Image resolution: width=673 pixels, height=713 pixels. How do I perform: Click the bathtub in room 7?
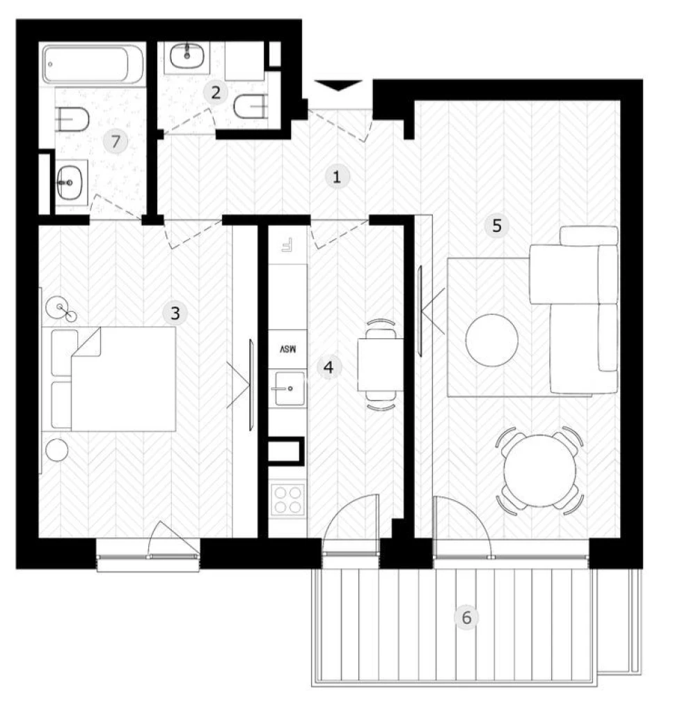[x=93, y=63]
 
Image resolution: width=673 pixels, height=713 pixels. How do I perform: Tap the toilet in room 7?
[x=72, y=120]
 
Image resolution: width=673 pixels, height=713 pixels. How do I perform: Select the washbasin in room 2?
[x=187, y=56]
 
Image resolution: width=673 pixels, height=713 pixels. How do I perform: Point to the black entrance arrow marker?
[x=338, y=85]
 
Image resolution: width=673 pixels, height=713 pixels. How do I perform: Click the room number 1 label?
[x=337, y=176]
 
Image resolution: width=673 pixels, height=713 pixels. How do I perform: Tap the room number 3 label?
[x=175, y=313]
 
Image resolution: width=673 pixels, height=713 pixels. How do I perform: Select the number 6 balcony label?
[x=467, y=618]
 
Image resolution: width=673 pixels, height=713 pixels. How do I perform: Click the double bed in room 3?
[x=113, y=379]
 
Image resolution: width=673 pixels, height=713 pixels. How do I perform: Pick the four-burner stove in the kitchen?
[x=287, y=500]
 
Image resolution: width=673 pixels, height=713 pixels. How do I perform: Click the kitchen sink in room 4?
[x=289, y=388]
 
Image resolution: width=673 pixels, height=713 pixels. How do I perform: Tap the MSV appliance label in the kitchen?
[x=287, y=350]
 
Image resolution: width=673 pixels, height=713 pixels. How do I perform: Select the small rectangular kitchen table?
[x=381, y=365]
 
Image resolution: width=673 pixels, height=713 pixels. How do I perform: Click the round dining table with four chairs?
[x=540, y=471]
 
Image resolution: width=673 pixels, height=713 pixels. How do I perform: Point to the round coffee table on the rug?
[x=491, y=340]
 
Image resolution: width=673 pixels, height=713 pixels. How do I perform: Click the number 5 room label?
[x=497, y=225]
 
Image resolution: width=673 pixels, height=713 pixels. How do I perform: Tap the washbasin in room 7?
[x=70, y=182]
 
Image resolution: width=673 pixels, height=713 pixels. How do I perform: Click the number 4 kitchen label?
[x=328, y=367]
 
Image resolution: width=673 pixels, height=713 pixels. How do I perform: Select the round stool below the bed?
[x=57, y=450]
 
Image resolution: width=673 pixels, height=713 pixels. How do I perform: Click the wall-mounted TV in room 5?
[x=420, y=311]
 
